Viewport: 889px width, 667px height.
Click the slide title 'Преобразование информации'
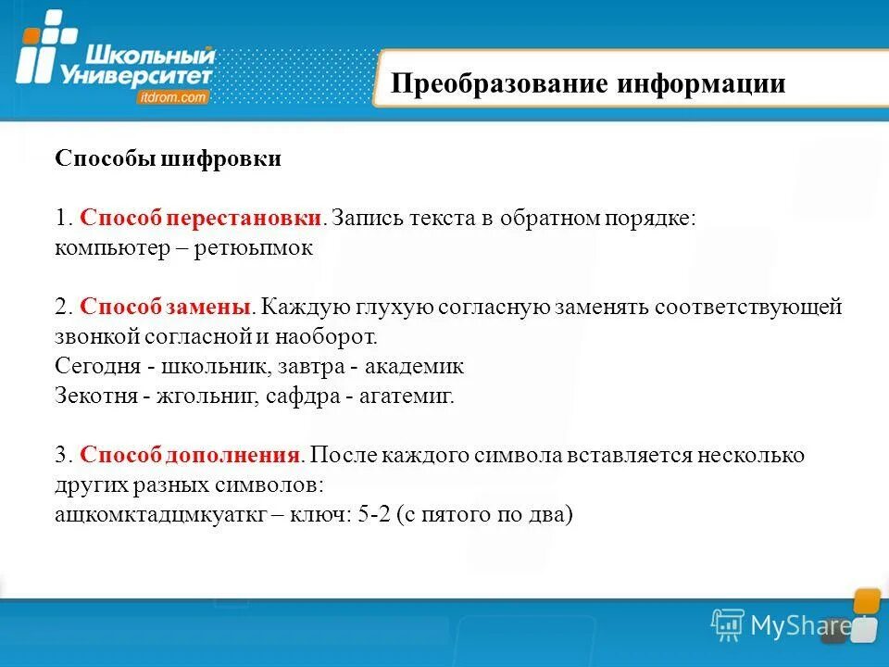click(x=588, y=84)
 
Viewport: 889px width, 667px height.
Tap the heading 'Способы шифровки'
click(x=168, y=158)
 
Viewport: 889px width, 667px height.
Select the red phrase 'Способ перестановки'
click(x=201, y=218)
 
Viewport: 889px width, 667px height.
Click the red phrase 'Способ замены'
click(x=164, y=307)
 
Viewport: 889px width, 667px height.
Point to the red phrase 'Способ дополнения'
click(x=190, y=455)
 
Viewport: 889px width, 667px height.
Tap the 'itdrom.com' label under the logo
click(x=173, y=96)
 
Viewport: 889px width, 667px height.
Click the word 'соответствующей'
click(x=748, y=307)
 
